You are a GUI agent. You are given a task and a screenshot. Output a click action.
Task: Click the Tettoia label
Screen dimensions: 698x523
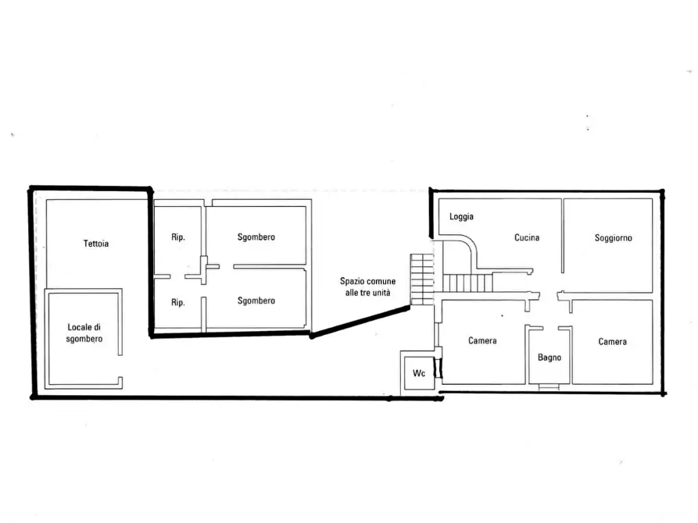click(x=95, y=244)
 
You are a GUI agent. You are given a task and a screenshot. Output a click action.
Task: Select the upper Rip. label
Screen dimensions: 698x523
click(x=178, y=237)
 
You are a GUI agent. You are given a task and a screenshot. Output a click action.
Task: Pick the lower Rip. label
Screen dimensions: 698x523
click(x=178, y=302)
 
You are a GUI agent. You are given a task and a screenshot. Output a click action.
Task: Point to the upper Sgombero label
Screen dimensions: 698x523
click(x=256, y=237)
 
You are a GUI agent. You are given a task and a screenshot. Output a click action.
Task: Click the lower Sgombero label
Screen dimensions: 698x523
click(x=256, y=301)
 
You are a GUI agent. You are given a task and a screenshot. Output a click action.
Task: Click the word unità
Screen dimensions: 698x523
click(x=382, y=293)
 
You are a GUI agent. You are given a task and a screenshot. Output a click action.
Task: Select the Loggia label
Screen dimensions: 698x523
click(x=461, y=216)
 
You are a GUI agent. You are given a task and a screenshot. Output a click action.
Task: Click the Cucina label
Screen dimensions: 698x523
click(x=527, y=237)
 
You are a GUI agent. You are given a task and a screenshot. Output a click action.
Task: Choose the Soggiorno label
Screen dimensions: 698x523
click(x=613, y=238)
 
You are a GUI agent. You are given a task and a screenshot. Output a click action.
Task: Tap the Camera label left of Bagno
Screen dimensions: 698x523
click(x=482, y=340)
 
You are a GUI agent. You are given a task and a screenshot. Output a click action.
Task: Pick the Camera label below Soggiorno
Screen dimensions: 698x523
click(x=612, y=342)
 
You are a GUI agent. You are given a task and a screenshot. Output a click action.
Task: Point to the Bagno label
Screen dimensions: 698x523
click(x=549, y=357)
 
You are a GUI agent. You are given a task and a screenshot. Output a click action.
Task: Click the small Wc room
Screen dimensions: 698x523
click(x=419, y=372)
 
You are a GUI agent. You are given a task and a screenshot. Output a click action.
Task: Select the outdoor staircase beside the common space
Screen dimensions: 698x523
click(x=421, y=279)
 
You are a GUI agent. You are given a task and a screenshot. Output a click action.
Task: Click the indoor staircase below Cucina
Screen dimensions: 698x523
click(x=467, y=283)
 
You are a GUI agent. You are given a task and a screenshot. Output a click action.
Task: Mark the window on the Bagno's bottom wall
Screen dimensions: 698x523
click(x=549, y=387)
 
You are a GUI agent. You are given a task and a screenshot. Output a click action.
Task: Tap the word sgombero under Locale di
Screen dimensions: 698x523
click(x=84, y=339)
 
